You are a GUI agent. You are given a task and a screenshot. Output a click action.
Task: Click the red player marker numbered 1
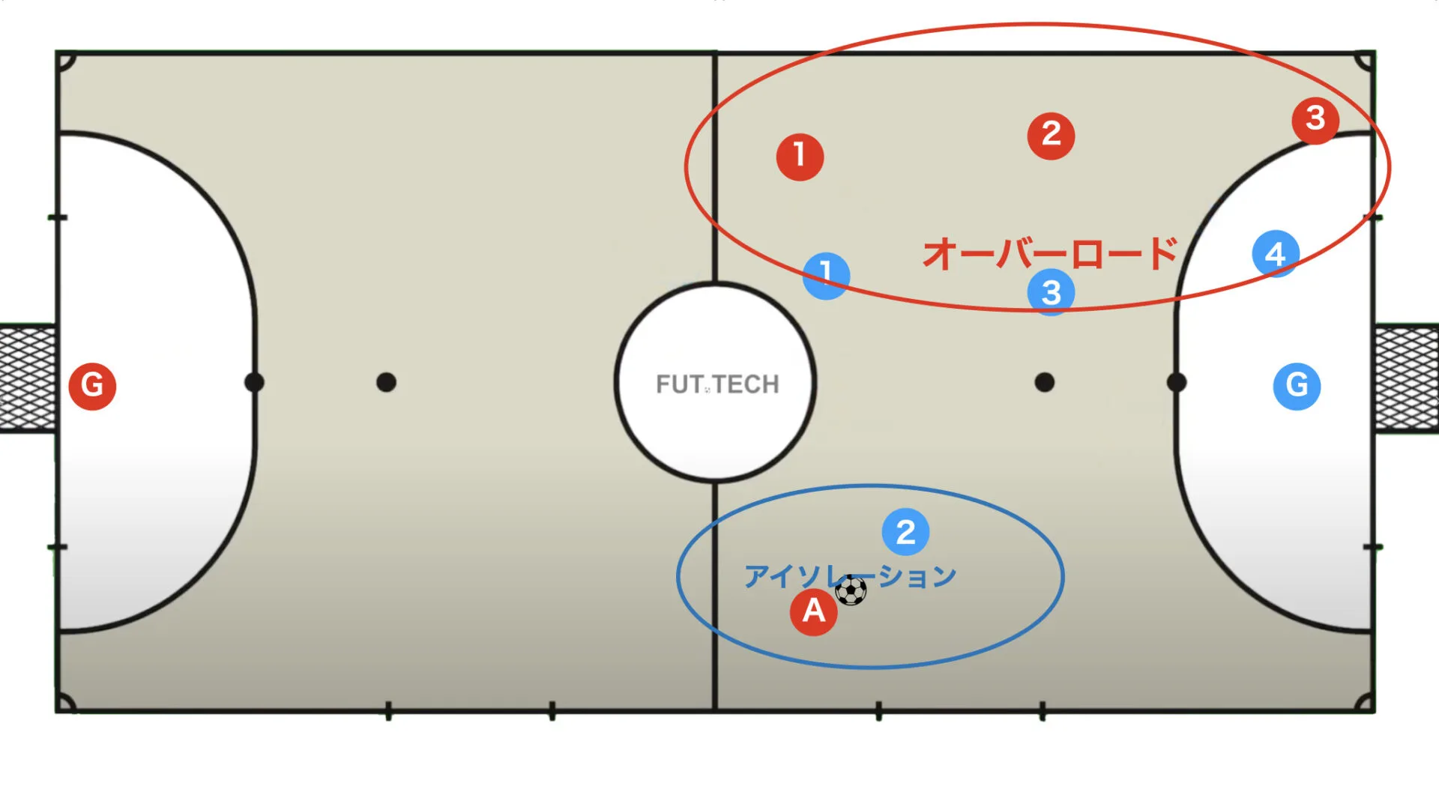800,157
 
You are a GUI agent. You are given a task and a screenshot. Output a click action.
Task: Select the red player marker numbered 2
1051,136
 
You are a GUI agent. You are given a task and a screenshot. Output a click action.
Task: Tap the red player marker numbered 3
1315,120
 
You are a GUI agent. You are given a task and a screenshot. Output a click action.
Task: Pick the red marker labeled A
813,611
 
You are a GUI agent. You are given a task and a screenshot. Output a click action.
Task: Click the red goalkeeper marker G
92,386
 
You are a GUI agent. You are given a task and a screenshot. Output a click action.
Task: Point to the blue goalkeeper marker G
1297,386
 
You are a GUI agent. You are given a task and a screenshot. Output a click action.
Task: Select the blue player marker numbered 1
826,276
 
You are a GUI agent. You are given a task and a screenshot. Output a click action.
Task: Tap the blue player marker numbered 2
905,532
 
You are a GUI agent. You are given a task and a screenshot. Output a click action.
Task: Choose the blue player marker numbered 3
1051,292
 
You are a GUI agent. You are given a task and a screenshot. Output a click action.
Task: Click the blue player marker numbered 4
1276,254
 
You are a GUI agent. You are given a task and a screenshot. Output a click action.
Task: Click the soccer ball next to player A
851,590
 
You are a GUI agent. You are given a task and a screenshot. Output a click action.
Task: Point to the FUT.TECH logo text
717,384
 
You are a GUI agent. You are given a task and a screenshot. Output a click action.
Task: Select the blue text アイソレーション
851,576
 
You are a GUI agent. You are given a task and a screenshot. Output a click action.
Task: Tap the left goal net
28,378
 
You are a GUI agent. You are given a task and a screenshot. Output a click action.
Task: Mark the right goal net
1407,378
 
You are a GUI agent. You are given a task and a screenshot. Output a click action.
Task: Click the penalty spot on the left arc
254,382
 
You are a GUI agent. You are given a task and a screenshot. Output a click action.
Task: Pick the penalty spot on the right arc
1177,382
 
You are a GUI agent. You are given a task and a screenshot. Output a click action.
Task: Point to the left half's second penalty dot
386,382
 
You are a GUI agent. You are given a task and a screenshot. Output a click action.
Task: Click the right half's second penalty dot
1044,382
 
